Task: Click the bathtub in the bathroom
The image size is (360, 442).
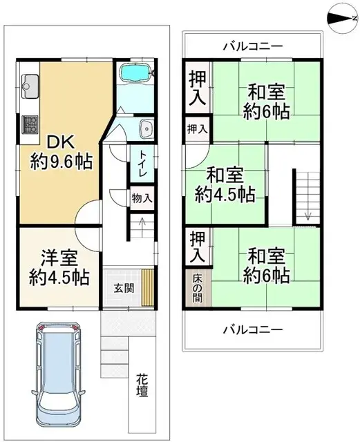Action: tap(137, 74)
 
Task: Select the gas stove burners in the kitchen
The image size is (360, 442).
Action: tap(30, 124)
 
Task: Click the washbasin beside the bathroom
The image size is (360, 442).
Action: tap(146, 128)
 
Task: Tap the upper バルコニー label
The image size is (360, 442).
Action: tap(252, 47)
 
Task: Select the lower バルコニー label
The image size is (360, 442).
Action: tap(252, 329)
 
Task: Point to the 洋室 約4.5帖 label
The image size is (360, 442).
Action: tap(58, 267)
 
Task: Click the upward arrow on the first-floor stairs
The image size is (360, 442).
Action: tap(142, 222)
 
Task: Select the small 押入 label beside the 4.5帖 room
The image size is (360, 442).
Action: tap(198, 129)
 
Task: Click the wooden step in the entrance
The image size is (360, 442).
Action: tap(146, 289)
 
